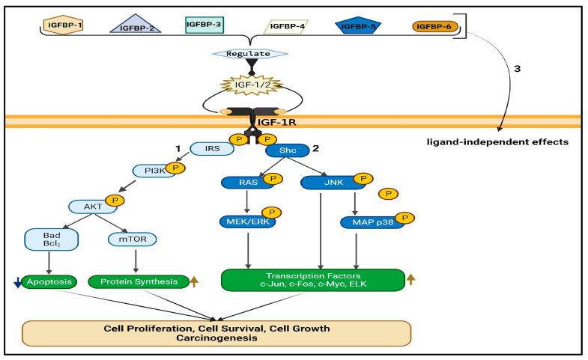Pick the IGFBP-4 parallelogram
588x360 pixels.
[x=286, y=26]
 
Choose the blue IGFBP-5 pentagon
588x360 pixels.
[x=359, y=27]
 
